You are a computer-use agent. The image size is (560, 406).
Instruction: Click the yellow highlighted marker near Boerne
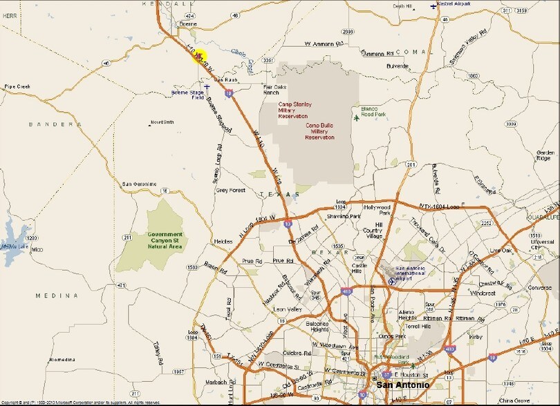[198, 55]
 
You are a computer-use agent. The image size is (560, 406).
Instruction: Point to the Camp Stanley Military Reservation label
[295, 109]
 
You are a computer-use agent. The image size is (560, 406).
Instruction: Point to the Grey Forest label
[230, 190]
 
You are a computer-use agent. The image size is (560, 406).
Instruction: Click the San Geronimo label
[140, 184]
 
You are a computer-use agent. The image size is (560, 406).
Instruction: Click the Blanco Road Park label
[375, 111]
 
